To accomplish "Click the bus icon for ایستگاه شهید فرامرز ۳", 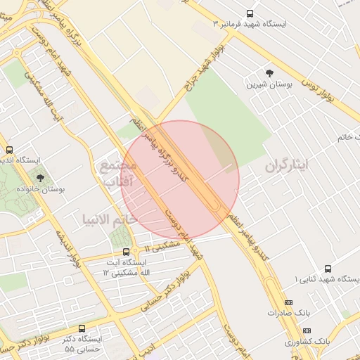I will click(x=250, y=13).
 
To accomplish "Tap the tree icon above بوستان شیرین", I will click(x=269, y=73).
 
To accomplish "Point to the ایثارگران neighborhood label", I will click(x=287, y=167).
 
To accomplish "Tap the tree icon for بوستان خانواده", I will click(x=39, y=178).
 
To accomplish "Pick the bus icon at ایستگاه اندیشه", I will click(x=9, y=150).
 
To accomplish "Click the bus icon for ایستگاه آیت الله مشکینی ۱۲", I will click(x=126, y=252).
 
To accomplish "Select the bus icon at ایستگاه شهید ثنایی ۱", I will click(x=290, y=281).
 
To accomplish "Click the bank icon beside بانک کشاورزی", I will click(x=306, y=330).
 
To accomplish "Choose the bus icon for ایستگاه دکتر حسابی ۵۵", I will click(x=82, y=328).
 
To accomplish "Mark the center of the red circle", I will click(x=180, y=179).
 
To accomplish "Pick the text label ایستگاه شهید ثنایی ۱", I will click(x=327, y=281).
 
